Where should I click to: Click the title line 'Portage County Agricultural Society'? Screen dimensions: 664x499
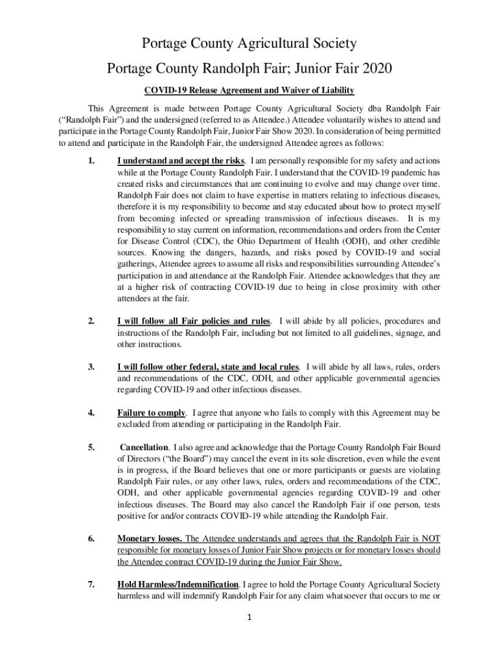click(250, 44)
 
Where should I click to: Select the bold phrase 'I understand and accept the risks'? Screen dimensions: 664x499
click(180, 160)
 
